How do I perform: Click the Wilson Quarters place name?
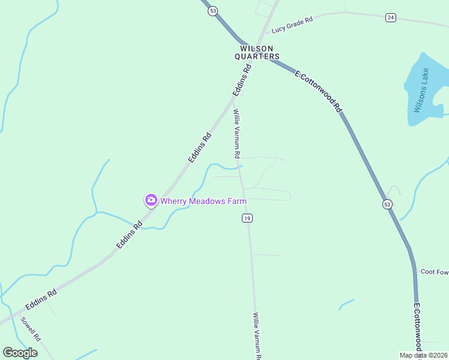click(257, 52)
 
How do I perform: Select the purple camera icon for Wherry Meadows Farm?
click(151, 200)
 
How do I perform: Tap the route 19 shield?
click(247, 218)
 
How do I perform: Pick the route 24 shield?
click(391, 17)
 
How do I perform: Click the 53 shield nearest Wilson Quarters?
click(212, 11)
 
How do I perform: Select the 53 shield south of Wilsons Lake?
click(387, 205)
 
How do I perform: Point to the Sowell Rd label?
click(30, 329)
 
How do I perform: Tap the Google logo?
click(20, 353)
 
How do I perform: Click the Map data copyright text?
click(423, 355)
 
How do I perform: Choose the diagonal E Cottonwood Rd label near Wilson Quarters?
click(318, 92)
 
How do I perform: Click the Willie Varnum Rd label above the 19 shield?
click(237, 133)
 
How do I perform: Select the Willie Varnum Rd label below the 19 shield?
click(257, 335)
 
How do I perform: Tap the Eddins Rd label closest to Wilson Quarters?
click(241, 81)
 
